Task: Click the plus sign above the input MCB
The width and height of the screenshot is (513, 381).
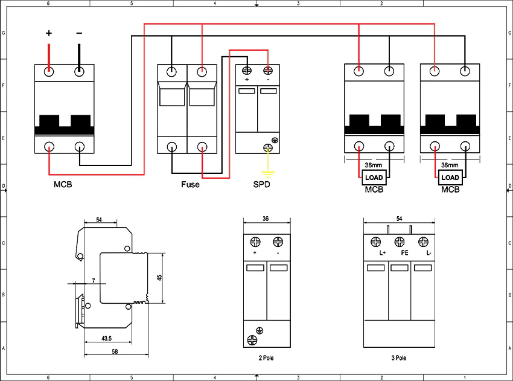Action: click(49, 33)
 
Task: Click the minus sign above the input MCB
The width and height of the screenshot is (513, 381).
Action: click(79, 33)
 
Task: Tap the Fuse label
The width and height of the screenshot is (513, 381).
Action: click(190, 185)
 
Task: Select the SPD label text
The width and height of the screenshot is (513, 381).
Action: click(262, 185)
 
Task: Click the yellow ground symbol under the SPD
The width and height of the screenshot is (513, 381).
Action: click(268, 173)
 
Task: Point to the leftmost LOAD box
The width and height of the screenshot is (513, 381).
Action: click(374, 178)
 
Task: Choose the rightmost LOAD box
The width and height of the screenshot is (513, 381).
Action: click(450, 178)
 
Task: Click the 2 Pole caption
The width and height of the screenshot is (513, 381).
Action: click(266, 358)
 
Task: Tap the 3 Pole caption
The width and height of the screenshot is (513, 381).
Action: click(399, 358)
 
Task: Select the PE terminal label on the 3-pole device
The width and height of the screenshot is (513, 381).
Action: click(405, 252)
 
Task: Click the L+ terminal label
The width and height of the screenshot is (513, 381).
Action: click(383, 252)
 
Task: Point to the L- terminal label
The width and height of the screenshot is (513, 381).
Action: click(429, 252)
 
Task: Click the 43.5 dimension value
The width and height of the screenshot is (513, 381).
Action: click(107, 339)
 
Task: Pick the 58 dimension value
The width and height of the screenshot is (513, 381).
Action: click(115, 351)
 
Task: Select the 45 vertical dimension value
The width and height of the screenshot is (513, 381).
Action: click(159, 277)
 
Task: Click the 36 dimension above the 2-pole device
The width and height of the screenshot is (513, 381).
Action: click(266, 219)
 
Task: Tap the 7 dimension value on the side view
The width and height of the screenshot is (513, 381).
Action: click(94, 281)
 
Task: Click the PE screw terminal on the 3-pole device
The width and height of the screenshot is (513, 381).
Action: click(400, 242)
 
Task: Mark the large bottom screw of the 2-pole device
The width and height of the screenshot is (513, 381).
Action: click(252, 340)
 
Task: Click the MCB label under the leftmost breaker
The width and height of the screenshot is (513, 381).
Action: click(63, 185)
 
